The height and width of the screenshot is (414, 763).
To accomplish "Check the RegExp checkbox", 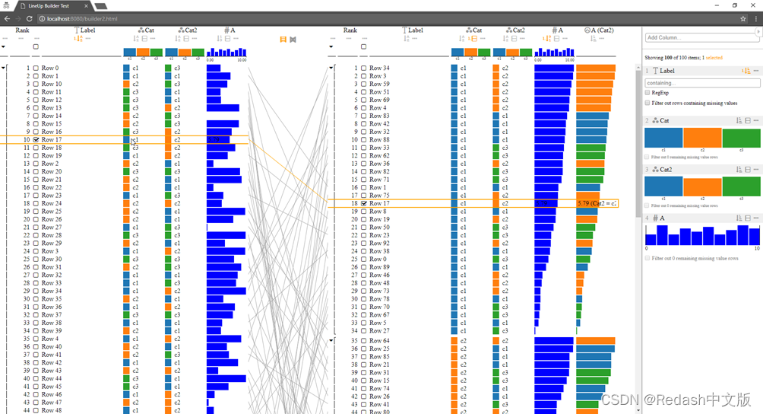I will tap(647, 93).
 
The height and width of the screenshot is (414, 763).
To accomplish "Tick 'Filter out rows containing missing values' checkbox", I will tap(647, 103).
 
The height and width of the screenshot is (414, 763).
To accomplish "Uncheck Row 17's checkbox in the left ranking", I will tap(36, 140).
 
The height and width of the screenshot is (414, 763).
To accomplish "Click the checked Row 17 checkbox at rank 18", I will tap(363, 204).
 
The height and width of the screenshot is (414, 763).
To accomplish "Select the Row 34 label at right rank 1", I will tap(379, 68).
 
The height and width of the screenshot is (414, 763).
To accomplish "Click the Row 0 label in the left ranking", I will tap(50, 68).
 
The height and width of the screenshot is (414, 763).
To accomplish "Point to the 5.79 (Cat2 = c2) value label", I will tap(597, 204).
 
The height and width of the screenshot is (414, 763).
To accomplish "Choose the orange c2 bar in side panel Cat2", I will tap(702, 186).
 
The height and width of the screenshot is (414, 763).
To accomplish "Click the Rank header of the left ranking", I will tap(22, 30).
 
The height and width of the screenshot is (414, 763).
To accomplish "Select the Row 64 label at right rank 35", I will tap(379, 340).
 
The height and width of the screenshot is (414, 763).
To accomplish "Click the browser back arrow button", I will tap(6, 18).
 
